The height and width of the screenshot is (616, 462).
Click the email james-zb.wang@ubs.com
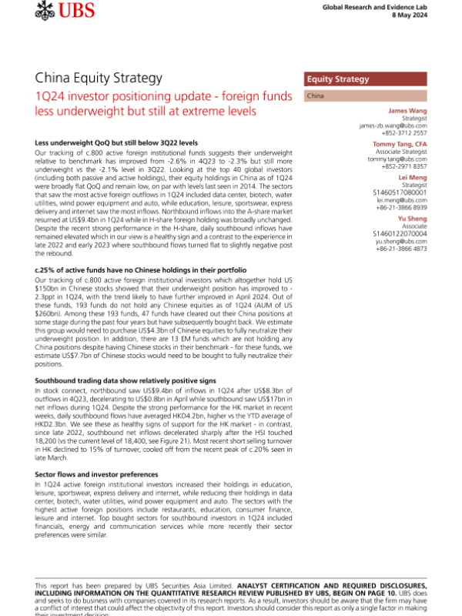(392, 126)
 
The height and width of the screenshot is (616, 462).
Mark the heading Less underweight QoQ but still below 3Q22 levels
(116, 143)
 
